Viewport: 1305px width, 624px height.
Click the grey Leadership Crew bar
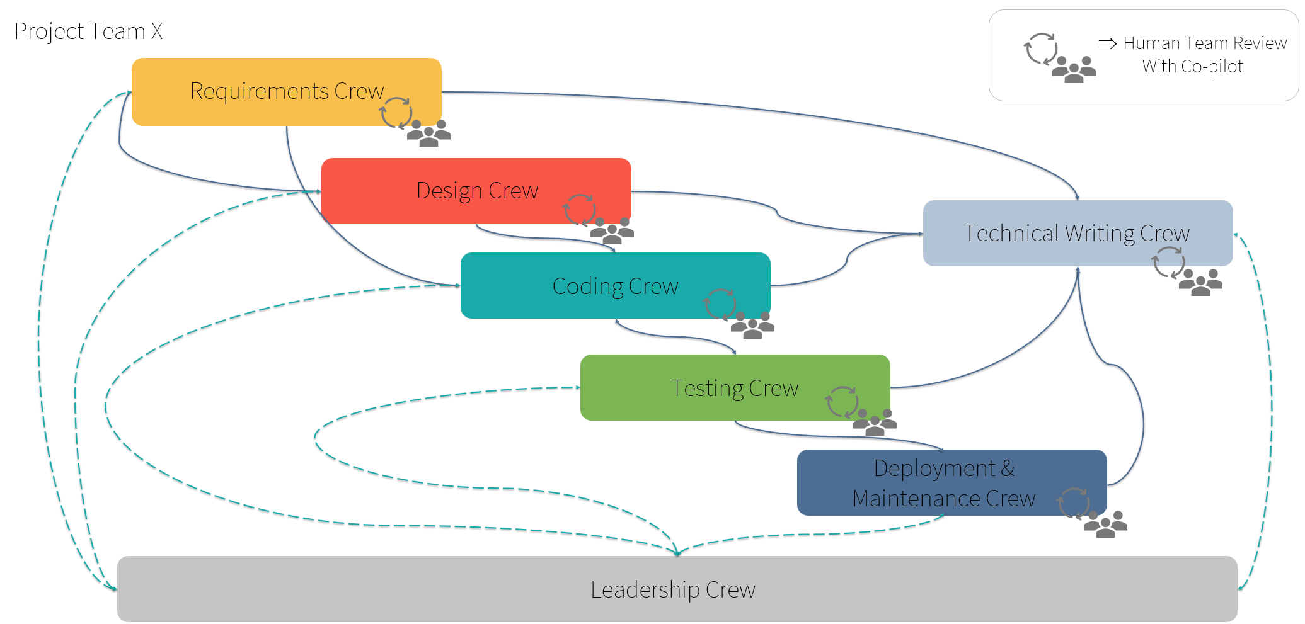click(x=673, y=590)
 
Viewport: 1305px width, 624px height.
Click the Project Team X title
click(x=88, y=31)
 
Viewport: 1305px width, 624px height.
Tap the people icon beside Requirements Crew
click(x=428, y=133)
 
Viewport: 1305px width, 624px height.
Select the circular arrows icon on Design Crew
click(x=580, y=210)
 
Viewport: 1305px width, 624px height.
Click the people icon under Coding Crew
click(x=752, y=326)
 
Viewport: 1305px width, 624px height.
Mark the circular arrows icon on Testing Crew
click(x=842, y=402)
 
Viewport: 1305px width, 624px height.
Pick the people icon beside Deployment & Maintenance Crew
click(x=1105, y=524)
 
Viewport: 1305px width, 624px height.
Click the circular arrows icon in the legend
click(x=1041, y=49)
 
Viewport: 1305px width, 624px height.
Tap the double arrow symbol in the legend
click(x=1107, y=43)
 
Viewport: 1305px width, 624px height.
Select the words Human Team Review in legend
click(x=1205, y=43)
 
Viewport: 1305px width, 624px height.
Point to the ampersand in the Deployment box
click(x=1007, y=468)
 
